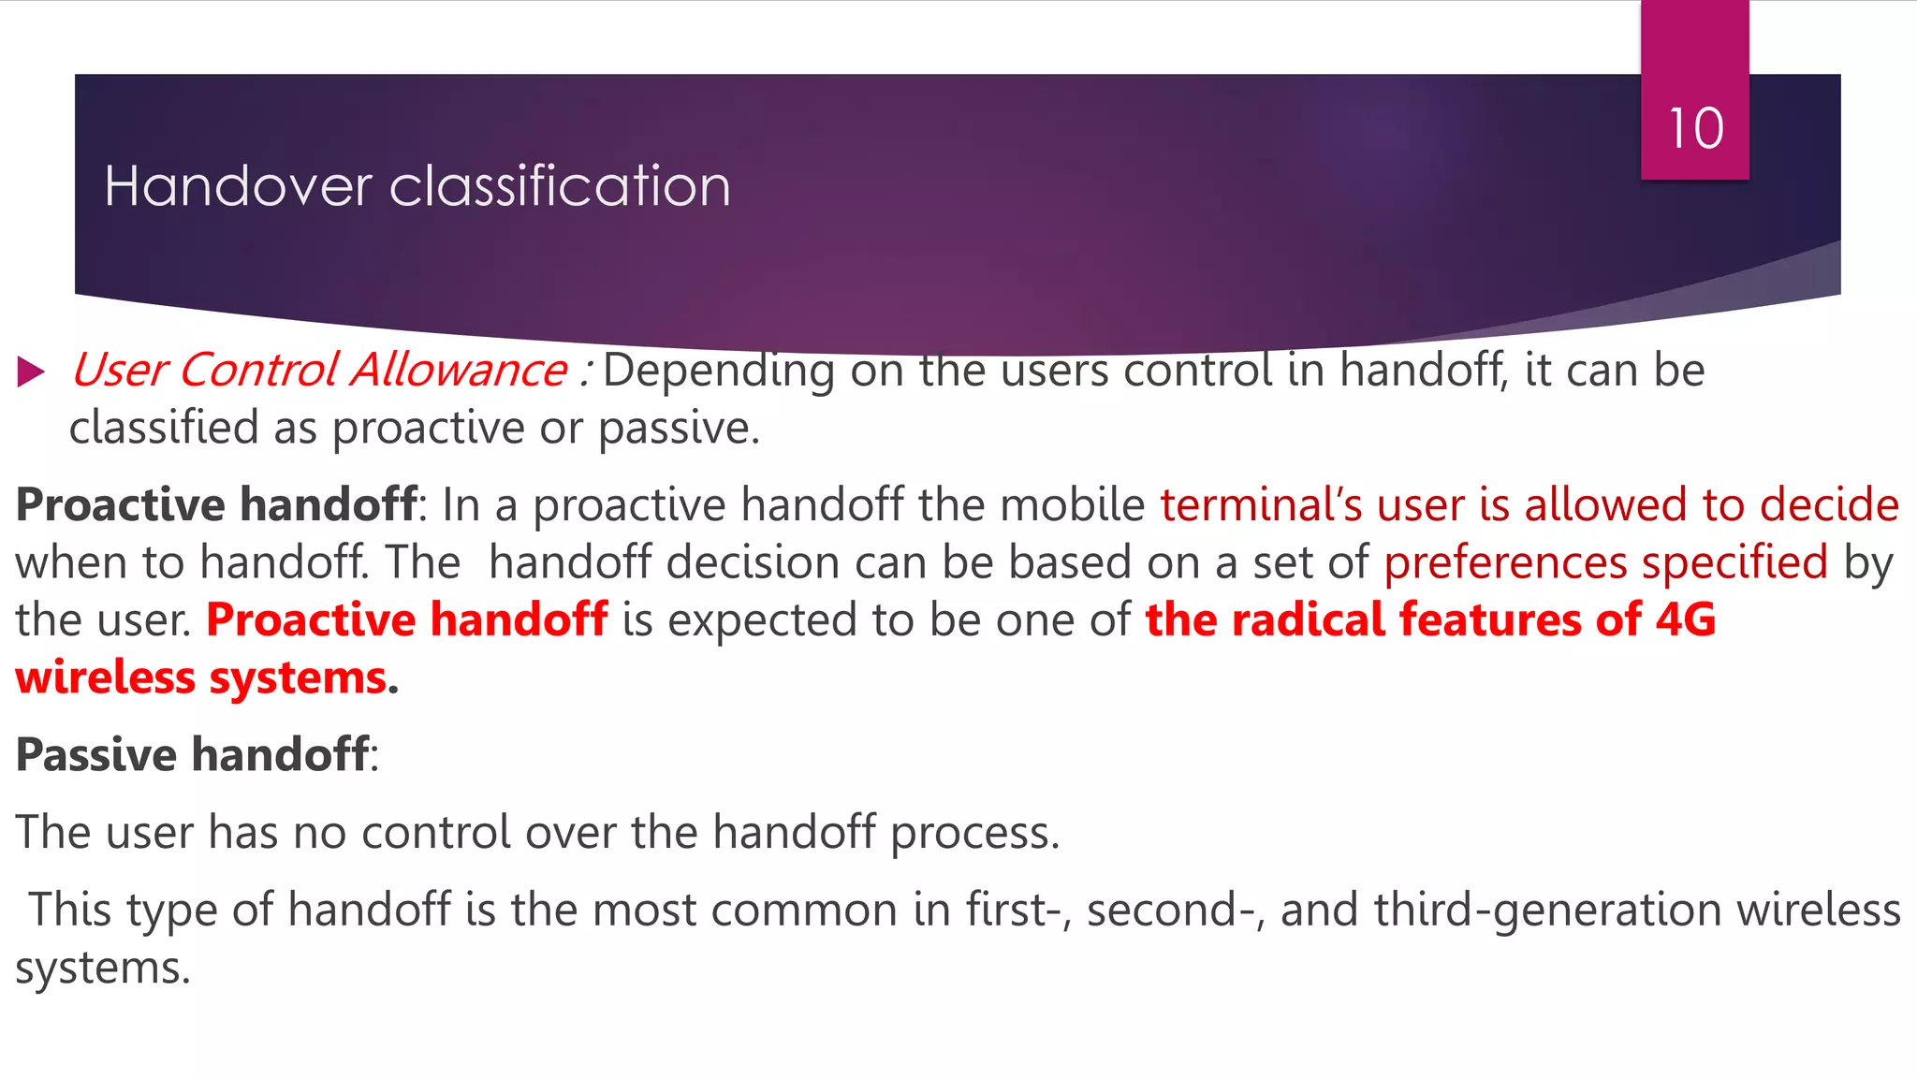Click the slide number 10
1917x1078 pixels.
point(1695,128)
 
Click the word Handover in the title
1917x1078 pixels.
point(238,186)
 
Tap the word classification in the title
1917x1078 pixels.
point(560,186)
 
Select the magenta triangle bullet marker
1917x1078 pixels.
point(31,371)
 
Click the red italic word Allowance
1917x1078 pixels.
point(459,371)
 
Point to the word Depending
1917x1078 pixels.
point(718,371)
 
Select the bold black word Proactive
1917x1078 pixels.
point(121,505)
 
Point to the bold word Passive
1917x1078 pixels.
point(95,755)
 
